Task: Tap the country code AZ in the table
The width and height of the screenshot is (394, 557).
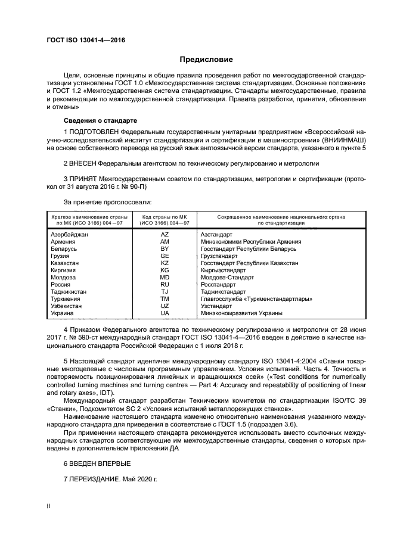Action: point(165,235)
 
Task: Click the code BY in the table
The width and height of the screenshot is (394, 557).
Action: point(165,249)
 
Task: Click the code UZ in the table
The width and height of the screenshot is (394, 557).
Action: point(165,306)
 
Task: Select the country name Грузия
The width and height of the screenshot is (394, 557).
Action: point(61,256)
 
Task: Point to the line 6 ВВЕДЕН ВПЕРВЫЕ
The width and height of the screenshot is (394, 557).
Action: point(97,463)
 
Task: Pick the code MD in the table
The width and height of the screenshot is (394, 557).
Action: point(165,278)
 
